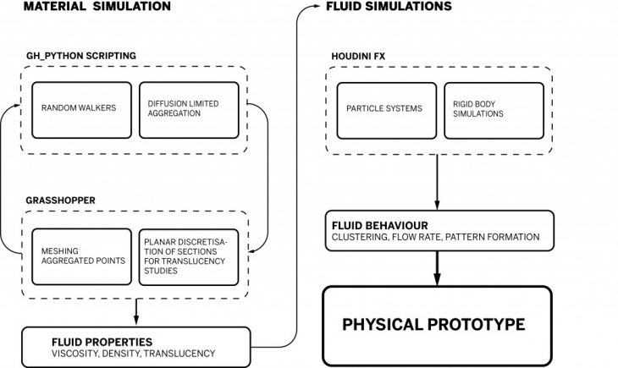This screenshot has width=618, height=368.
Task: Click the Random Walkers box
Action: (82, 109)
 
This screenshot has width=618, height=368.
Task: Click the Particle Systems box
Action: (387, 109)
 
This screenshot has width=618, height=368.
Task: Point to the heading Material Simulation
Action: (97, 7)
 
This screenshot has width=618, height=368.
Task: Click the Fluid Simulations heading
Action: (389, 7)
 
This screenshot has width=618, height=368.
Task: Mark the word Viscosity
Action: (77, 353)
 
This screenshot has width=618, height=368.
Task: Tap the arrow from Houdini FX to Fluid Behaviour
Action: (438, 182)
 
